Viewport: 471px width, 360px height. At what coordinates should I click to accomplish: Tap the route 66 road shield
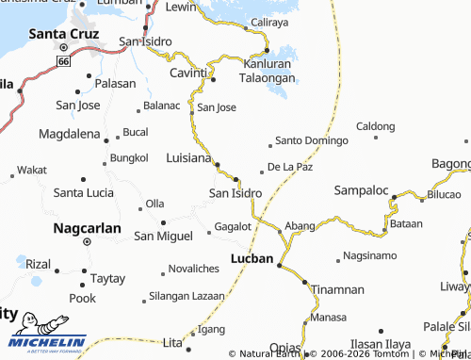click(63, 60)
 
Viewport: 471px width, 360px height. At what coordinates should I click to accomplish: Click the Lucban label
click(252, 258)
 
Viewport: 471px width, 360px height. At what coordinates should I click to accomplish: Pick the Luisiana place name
click(188, 157)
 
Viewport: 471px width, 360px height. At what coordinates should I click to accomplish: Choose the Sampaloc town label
click(361, 190)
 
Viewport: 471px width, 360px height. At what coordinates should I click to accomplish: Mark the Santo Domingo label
click(311, 141)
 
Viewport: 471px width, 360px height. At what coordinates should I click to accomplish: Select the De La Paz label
click(290, 167)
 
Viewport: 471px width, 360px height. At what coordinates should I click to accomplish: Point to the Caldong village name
click(376, 125)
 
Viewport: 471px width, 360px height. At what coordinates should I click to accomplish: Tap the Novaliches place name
click(200, 269)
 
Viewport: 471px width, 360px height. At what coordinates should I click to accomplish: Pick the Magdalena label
click(69, 135)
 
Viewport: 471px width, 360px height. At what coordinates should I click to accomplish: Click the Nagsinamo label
click(374, 255)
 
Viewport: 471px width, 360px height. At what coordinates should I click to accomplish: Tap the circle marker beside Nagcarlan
click(86, 241)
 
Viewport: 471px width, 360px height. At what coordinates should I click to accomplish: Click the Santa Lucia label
click(83, 192)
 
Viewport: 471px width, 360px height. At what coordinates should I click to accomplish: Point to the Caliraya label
click(269, 20)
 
